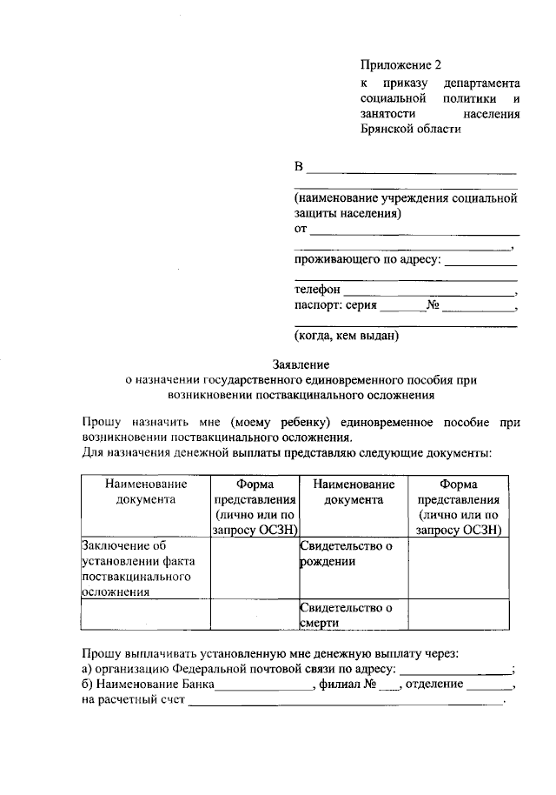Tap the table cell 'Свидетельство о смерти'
353,615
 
